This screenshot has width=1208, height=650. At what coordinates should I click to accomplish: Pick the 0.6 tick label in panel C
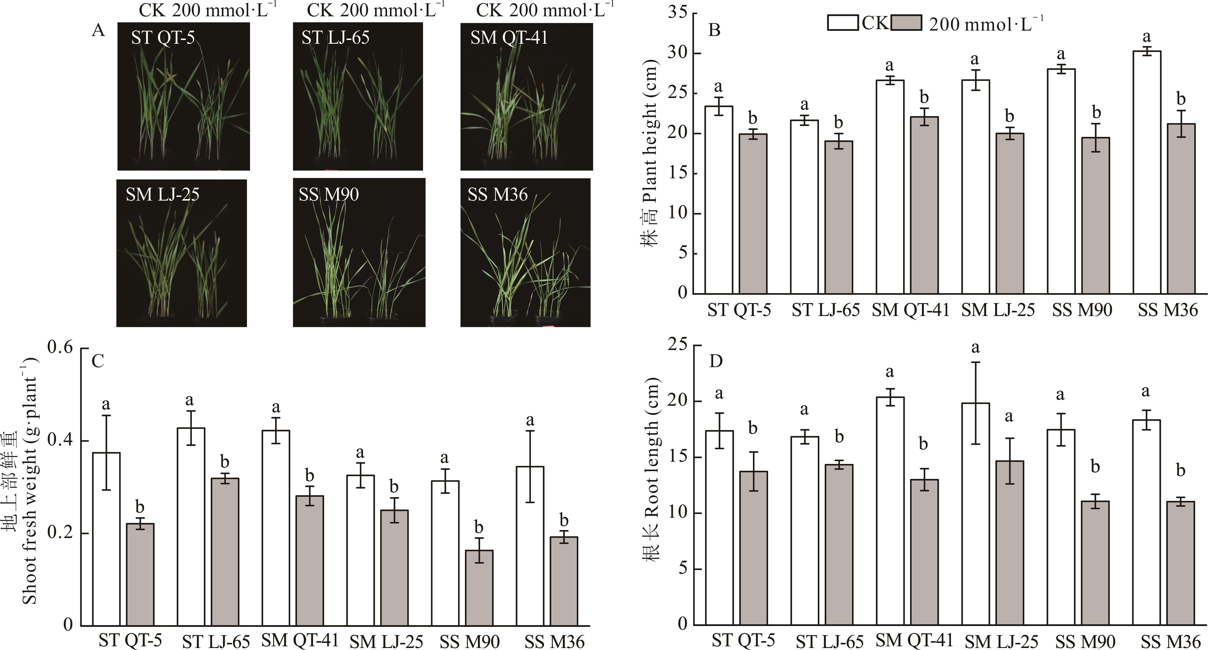[x=61, y=348]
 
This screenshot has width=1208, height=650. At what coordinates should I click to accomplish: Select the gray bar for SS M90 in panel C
[x=479, y=588]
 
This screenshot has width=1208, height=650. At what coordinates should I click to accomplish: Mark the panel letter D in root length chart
[x=715, y=361]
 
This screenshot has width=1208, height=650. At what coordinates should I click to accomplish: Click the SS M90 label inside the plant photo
[x=329, y=195]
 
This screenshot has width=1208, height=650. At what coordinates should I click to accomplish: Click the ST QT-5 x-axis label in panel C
[x=130, y=640]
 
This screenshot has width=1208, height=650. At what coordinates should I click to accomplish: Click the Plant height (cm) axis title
[x=650, y=155]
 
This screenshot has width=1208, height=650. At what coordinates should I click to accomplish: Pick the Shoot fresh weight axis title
[x=29, y=483]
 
